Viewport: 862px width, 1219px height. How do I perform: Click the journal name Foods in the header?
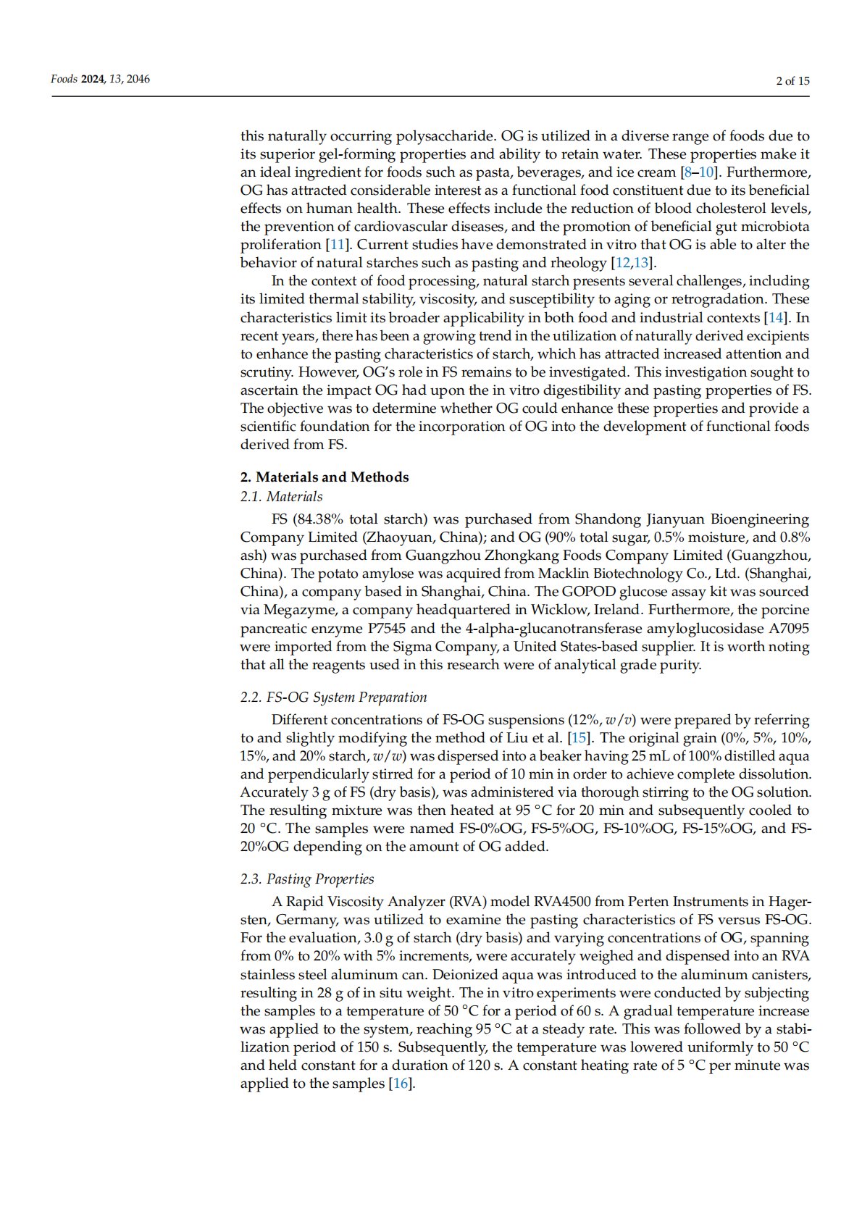pyautogui.click(x=64, y=79)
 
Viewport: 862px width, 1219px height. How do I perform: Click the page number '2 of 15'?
pyautogui.click(x=792, y=80)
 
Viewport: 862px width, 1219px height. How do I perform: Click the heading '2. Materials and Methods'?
pyautogui.click(x=325, y=477)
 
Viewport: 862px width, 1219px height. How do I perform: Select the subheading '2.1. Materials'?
pyautogui.click(x=281, y=496)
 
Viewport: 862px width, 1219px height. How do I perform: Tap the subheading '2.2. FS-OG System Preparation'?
pyautogui.click(x=333, y=697)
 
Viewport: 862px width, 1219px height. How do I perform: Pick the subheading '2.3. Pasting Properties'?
pyautogui.click(x=307, y=879)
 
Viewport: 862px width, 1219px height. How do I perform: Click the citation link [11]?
pyautogui.click(x=333, y=245)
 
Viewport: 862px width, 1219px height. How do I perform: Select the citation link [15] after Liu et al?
pyautogui.click(x=579, y=738)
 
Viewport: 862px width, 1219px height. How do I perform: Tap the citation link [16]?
pyautogui.click(x=400, y=1084)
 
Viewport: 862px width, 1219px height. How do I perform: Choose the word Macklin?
pyautogui.click(x=561, y=574)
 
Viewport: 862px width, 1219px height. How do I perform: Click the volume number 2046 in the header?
pyautogui.click(x=138, y=79)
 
